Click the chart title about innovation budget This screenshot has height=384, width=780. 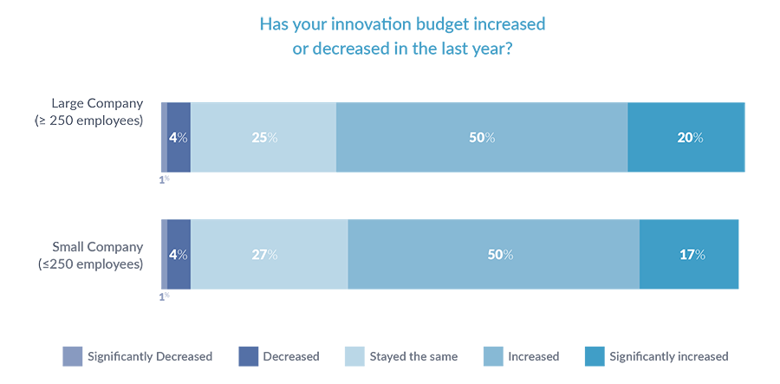tap(390, 36)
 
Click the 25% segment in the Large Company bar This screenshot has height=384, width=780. tap(263, 138)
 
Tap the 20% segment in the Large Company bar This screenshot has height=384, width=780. tap(686, 138)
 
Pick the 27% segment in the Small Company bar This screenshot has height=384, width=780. tap(270, 255)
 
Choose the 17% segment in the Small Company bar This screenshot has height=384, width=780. tap(689, 255)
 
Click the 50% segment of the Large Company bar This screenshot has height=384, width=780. tap(482, 138)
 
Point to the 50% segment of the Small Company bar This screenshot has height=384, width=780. tap(494, 255)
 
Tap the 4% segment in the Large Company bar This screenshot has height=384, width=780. tap(179, 138)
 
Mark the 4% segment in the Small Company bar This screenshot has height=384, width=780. tap(179, 255)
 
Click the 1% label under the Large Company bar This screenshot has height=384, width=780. tap(164, 179)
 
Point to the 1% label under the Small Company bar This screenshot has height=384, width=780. tap(164, 296)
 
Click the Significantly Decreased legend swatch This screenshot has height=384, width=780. tap(72, 356)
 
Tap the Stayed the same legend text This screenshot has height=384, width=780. tap(413, 356)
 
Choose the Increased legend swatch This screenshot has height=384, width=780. tap(491, 356)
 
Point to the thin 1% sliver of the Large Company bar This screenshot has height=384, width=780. tap(164, 138)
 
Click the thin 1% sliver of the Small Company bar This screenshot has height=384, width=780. tap(164, 255)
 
